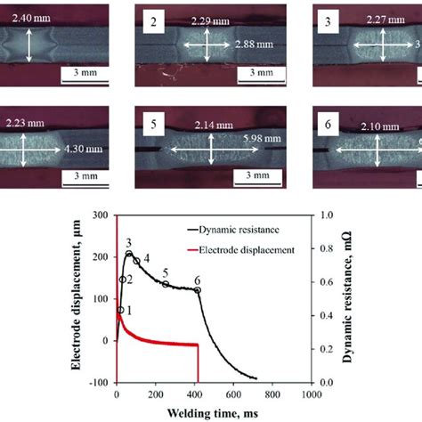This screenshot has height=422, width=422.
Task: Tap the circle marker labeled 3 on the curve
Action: click(129, 254)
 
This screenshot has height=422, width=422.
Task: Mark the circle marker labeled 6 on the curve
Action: click(198, 290)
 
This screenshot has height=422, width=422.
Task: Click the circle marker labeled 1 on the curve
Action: click(120, 310)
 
